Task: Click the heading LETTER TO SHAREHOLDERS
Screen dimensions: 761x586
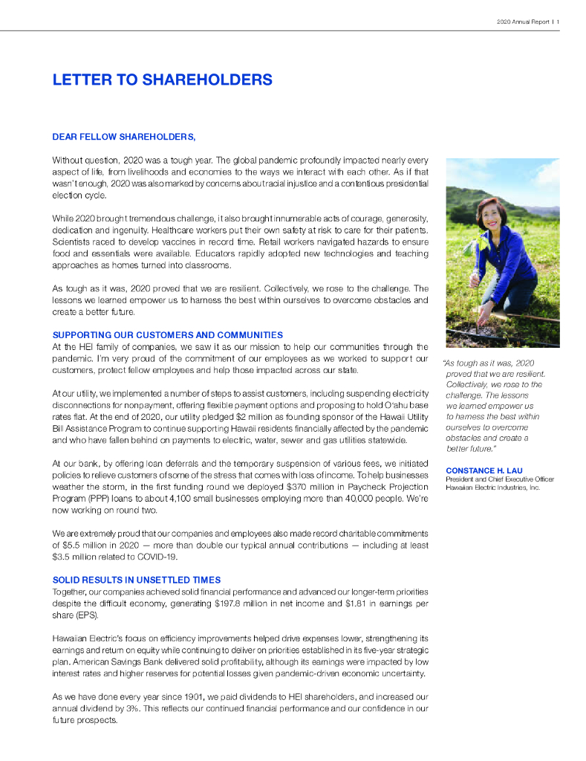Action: pyautogui.click(x=162, y=80)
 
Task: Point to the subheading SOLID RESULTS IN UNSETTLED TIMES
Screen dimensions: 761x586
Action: pyautogui.click(x=137, y=580)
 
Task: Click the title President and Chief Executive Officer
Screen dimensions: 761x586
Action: pyautogui.click(x=499, y=479)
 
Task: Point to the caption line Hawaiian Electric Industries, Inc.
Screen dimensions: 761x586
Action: pyautogui.click(x=492, y=488)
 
